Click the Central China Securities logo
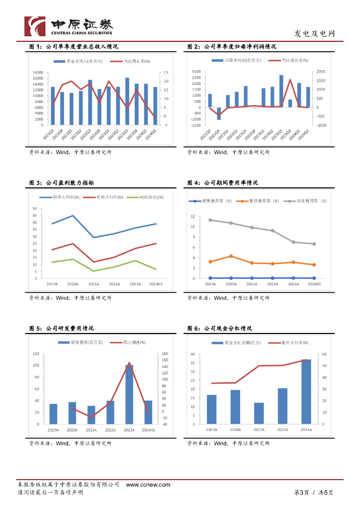69,26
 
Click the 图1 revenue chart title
73,46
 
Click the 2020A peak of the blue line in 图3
73,215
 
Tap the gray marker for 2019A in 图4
210,220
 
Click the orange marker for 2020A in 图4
231,256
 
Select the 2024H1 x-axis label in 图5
148,429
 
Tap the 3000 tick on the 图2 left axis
195,72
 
